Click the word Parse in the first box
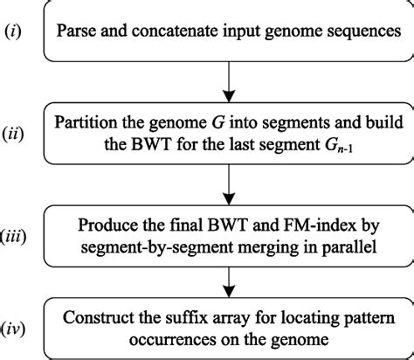point(81,33)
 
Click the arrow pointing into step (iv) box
point(228,281)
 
